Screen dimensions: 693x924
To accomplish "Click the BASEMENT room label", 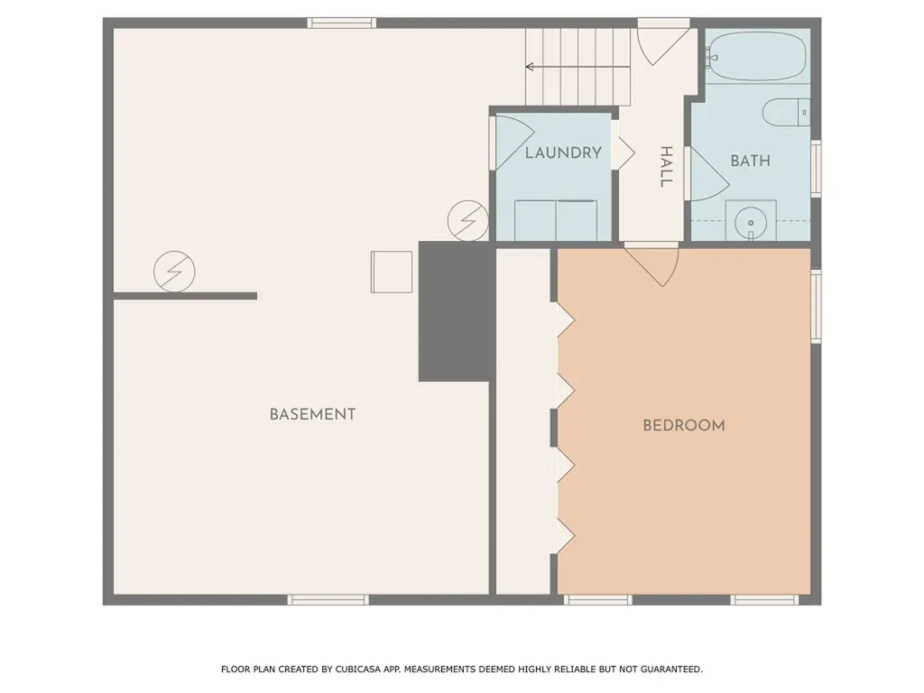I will pyautogui.click(x=312, y=415).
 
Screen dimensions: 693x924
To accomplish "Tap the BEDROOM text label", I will pyautogui.click(x=683, y=426).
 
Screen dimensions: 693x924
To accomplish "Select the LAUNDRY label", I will pyautogui.click(x=563, y=153).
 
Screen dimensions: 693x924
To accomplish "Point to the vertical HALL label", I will pyautogui.click(x=666, y=167).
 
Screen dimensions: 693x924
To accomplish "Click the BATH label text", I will pyautogui.click(x=750, y=162).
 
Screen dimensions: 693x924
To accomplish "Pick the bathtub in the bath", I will pyautogui.click(x=756, y=57).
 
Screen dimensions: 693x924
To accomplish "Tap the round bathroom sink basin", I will pyautogui.click(x=750, y=222).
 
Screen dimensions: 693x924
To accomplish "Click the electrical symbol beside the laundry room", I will pyautogui.click(x=468, y=220).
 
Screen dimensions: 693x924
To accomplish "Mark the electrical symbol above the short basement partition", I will pyautogui.click(x=175, y=271).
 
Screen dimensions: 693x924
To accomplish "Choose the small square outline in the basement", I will pyautogui.click(x=391, y=272).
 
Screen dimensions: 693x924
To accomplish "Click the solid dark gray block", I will pyautogui.click(x=456, y=311).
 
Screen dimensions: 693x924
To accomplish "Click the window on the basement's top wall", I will pyautogui.click(x=341, y=23).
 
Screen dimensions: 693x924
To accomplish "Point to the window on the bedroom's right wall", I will pyautogui.click(x=816, y=307).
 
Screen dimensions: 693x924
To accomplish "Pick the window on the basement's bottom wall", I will pyautogui.click(x=328, y=599).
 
